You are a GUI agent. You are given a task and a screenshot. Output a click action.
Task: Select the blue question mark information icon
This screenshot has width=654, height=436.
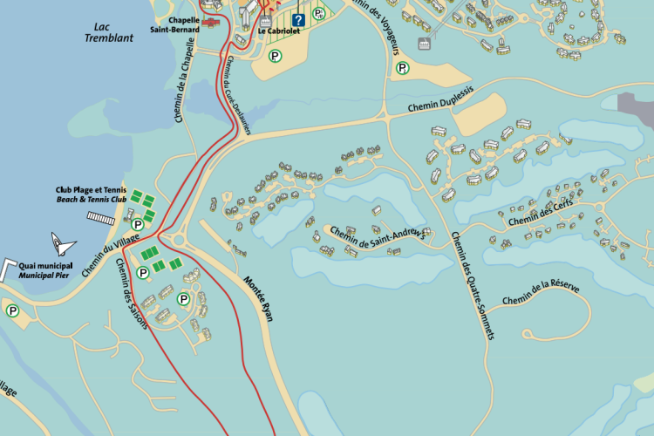(x=299, y=20)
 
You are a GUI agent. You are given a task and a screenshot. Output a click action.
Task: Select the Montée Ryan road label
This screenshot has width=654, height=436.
(x=257, y=300)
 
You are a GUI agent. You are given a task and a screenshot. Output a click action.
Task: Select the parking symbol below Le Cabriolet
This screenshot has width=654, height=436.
(x=276, y=57)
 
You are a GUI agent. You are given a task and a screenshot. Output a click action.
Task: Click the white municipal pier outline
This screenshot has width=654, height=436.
(x=8, y=268)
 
